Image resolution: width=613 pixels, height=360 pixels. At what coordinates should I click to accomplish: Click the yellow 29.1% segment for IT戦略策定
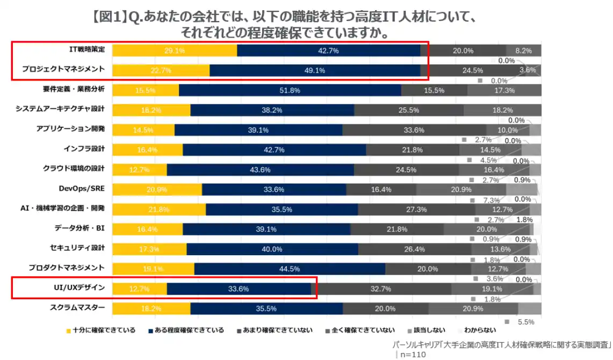[175, 51]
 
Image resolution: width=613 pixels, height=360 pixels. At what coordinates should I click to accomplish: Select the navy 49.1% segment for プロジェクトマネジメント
[314, 70]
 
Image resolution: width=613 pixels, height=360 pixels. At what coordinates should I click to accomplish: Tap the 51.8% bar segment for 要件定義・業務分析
[290, 90]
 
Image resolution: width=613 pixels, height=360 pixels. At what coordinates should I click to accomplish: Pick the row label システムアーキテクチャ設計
[60, 109]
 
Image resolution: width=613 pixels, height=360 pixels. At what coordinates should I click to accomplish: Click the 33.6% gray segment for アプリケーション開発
[414, 129]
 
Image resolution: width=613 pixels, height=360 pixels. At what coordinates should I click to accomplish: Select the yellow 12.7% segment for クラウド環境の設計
[140, 169]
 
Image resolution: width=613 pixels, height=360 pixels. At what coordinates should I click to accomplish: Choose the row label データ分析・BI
[79, 228]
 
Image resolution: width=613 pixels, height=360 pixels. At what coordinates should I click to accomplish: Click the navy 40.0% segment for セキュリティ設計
[272, 249]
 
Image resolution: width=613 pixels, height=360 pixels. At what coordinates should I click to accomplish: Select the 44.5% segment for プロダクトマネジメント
[289, 269]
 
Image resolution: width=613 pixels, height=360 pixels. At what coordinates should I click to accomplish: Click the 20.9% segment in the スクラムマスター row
[473, 308]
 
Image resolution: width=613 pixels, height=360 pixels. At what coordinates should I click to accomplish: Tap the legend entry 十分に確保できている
[100, 330]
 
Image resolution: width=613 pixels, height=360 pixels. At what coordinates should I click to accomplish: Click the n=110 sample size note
[413, 354]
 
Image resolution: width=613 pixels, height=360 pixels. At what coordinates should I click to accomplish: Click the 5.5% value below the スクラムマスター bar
[525, 322]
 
